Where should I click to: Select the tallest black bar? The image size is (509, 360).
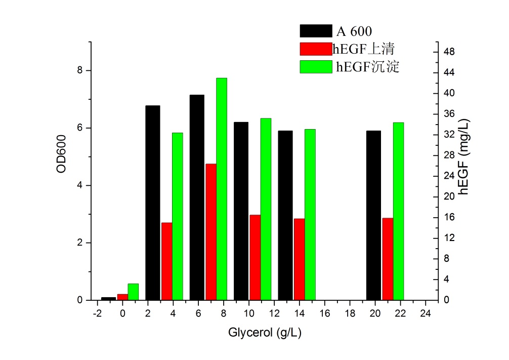[197, 197]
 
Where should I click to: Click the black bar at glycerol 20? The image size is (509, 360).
[373, 215]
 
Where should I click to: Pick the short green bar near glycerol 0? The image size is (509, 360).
[133, 292]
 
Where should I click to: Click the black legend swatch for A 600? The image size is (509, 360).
[316, 31]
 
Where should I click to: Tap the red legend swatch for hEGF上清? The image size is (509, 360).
[316, 49]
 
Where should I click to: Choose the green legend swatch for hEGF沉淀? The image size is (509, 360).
[316, 66]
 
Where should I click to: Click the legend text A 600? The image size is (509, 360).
[355, 31]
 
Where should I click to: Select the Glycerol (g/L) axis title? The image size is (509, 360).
[265, 333]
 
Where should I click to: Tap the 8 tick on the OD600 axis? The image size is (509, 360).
[80, 70]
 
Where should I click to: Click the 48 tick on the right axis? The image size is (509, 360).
[449, 52]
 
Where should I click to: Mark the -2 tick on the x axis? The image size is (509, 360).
[98, 313]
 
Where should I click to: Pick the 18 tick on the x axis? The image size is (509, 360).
[350, 313]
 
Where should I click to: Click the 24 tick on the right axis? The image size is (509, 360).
[449, 176]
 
